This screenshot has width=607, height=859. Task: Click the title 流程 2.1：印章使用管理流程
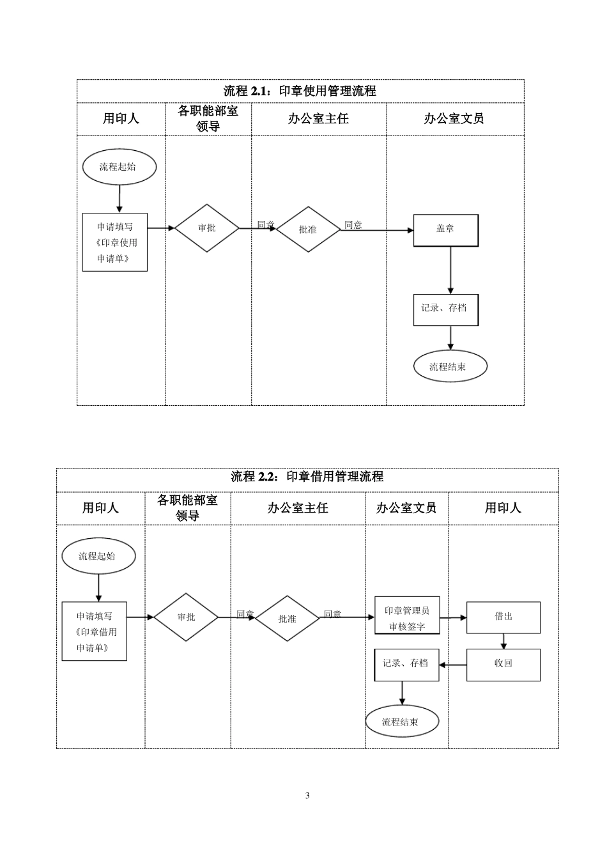tap(300, 91)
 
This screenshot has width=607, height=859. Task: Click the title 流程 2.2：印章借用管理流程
tap(307, 477)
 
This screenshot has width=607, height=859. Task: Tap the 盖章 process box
tap(445, 230)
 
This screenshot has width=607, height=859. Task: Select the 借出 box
tap(503, 617)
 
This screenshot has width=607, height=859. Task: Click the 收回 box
tap(503, 664)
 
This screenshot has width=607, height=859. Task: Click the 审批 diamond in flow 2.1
tap(207, 228)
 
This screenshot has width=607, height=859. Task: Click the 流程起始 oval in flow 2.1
tap(119, 167)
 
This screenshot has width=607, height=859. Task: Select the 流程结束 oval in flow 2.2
tap(402, 722)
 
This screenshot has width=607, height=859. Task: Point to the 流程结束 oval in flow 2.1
tap(449, 367)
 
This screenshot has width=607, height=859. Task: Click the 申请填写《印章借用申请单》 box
tap(95, 631)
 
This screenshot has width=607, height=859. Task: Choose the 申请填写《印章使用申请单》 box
tap(115, 242)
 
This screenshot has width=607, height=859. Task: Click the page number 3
tap(307, 796)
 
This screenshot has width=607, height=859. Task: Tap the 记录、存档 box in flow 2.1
tap(445, 309)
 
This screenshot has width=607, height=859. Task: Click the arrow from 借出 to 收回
tap(503, 641)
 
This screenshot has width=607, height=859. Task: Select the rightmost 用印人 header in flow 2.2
tap(503, 508)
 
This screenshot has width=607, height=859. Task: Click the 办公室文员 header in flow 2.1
tap(454, 119)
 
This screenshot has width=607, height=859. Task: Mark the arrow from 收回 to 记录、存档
tap(453, 665)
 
